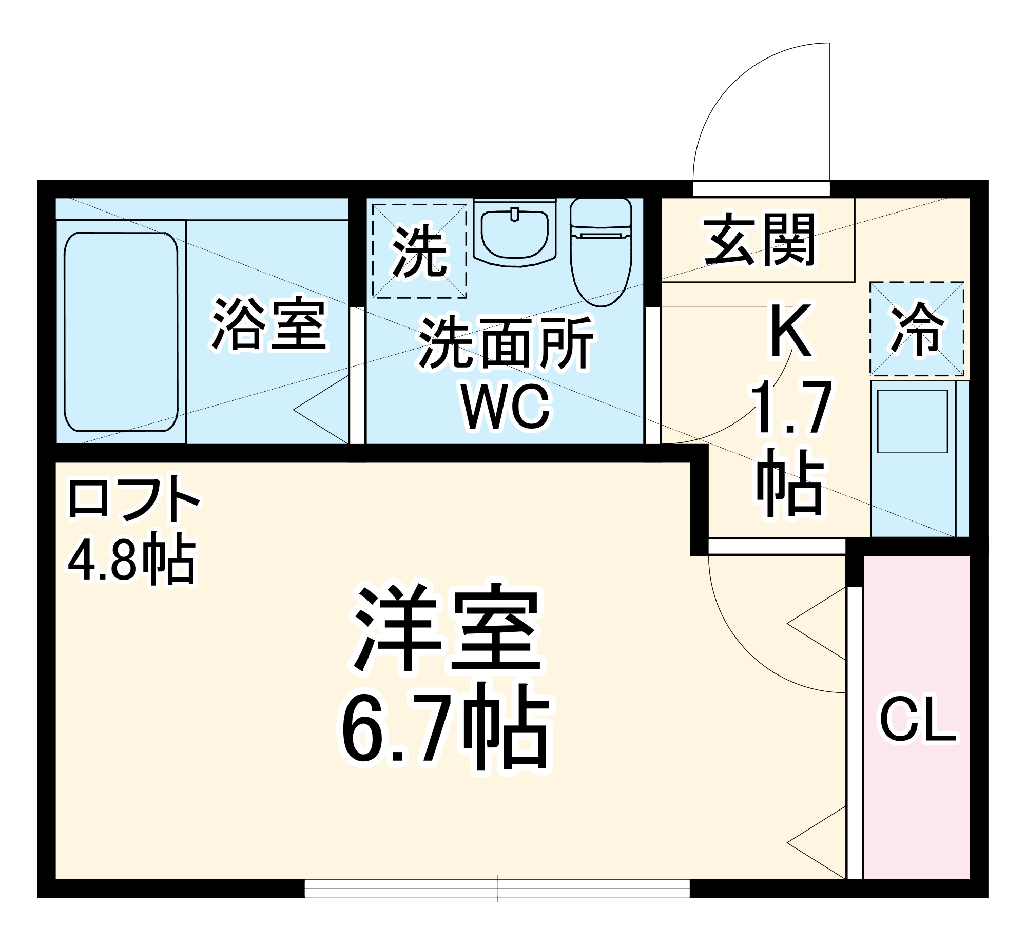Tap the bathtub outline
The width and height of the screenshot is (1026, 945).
point(121,332)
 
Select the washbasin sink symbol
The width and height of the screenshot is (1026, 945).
point(514,234)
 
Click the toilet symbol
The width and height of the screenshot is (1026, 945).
point(601,252)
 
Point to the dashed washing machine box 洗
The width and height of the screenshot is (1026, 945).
point(419,251)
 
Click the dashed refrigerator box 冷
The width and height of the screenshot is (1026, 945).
point(917,329)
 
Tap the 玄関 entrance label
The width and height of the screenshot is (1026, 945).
point(759,240)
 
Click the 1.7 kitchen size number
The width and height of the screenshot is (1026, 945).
point(791,407)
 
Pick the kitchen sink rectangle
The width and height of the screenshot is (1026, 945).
point(912,421)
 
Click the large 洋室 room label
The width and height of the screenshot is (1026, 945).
point(446,628)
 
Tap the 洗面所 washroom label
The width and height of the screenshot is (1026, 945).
point(506,343)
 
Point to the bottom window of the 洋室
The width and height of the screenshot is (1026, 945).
point(497,889)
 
